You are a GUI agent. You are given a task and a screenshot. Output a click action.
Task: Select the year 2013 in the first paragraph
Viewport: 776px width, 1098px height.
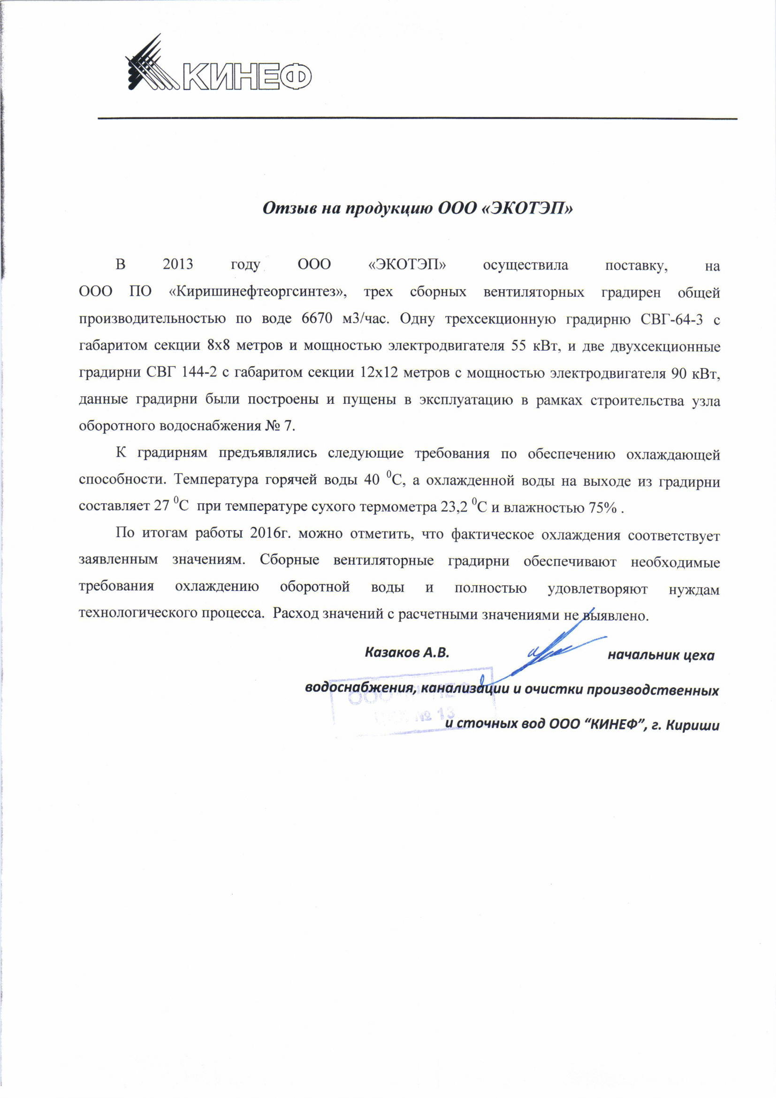point(177,265)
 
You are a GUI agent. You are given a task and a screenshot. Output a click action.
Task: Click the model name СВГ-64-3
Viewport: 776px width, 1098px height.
point(671,318)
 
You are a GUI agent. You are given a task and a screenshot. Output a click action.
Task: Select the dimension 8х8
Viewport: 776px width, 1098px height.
point(219,346)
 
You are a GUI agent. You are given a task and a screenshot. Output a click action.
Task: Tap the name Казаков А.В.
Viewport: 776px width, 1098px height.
point(407,653)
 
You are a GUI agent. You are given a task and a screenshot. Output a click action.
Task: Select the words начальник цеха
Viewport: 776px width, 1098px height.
point(661,655)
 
